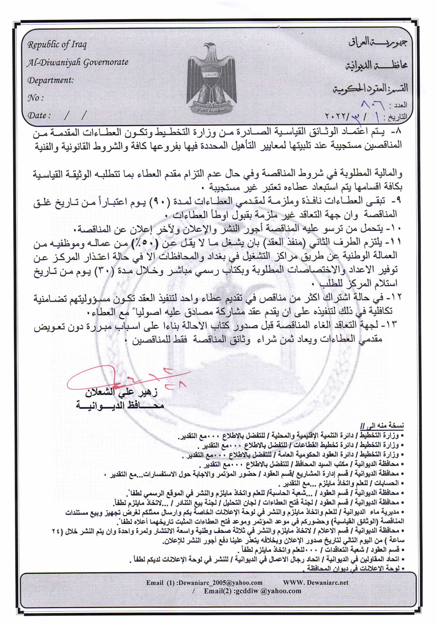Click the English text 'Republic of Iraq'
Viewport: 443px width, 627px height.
click(x=57, y=45)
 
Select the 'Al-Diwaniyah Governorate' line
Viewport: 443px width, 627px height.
click(x=78, y=62)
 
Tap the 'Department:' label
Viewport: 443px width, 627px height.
click(x=50, y=80)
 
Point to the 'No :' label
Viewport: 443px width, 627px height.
click(x=35, y=98)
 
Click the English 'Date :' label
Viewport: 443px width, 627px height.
click(x=39, y=115)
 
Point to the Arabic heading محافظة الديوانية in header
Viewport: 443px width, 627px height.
click(x=377, y=65)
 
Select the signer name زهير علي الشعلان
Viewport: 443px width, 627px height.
click(x=121, y=393)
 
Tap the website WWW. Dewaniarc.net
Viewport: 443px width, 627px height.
click(x=315, y=583)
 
